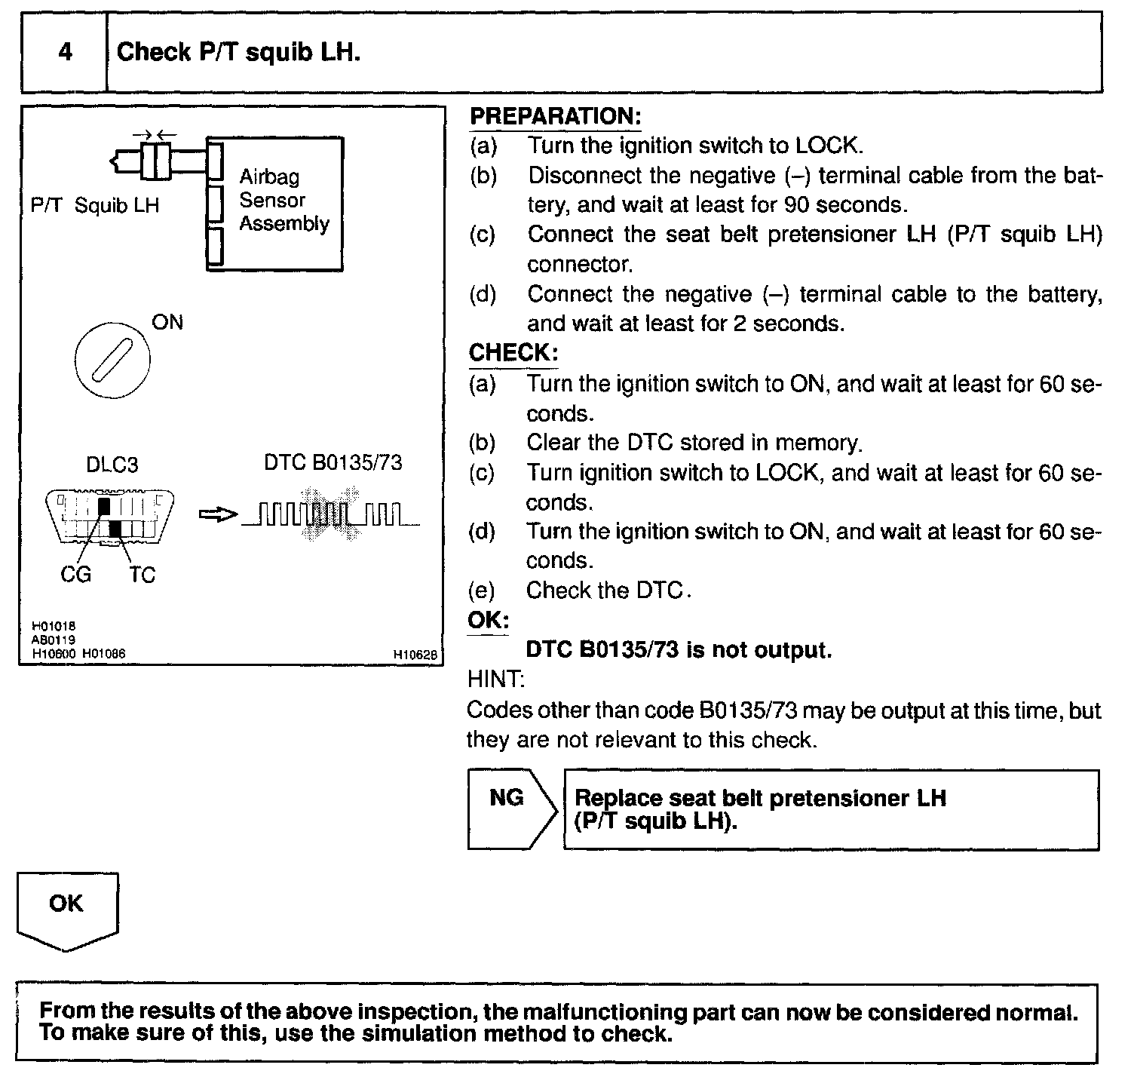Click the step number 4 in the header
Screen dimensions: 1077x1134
coord(66,52)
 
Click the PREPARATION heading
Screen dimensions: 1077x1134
coord(555,116)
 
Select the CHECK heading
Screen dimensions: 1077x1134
coord(513,352)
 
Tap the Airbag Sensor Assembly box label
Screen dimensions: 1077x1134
coord(283,200)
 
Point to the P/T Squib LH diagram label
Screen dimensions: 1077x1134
coord(95,205)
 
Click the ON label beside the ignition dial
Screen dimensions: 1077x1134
coord(167,323)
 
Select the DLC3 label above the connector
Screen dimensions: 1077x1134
coord(112,465)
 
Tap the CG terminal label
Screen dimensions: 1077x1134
coord(75,575)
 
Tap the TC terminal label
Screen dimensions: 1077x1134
coord(142,575)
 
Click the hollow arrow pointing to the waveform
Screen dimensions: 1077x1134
coord(217,515)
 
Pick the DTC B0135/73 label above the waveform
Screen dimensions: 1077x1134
coord(333,462)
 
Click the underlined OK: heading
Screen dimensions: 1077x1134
coord(489,621)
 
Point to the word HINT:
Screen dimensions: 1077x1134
coord(496,680)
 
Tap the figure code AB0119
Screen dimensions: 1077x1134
coord(54,640)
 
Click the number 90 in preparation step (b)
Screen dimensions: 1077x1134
coord(798,205)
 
